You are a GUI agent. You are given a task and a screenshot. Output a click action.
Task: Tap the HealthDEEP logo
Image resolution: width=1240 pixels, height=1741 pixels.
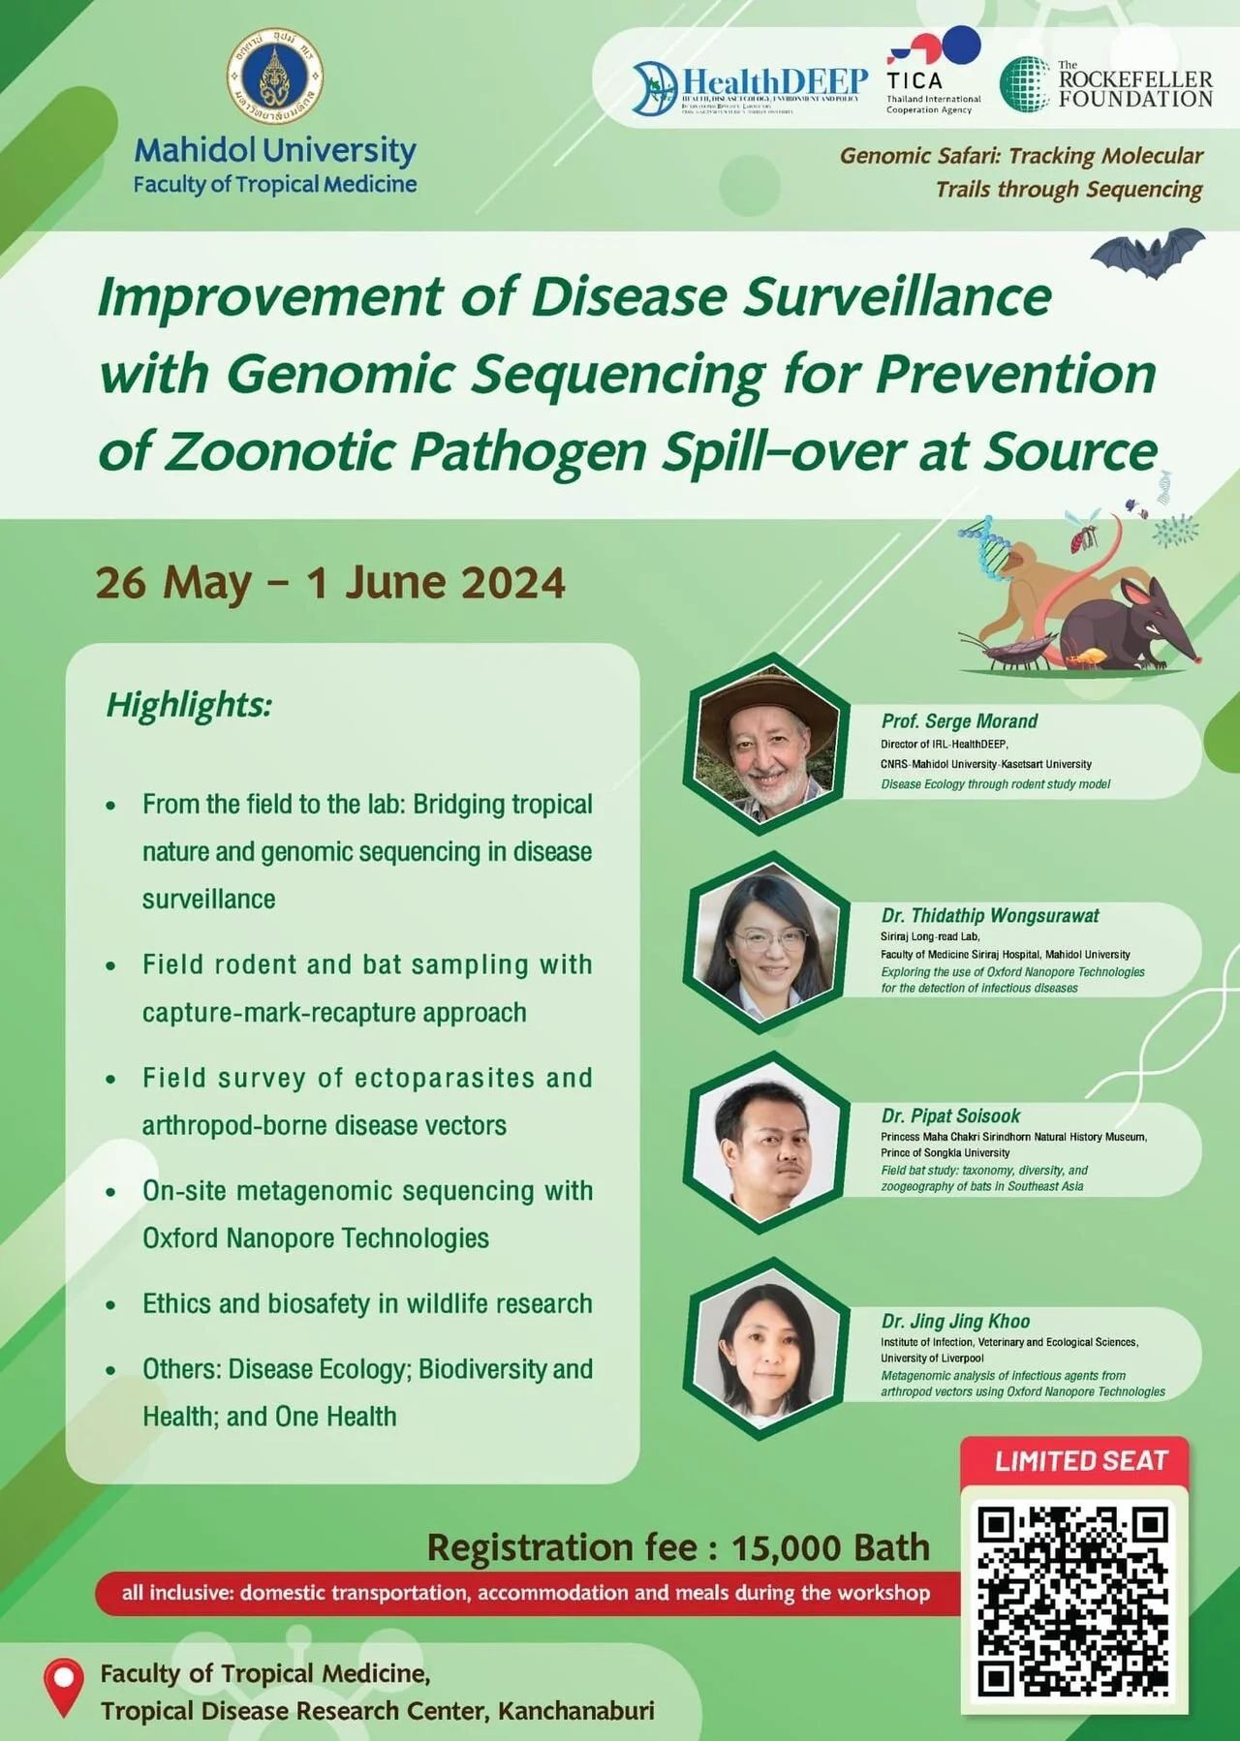pos(750,87)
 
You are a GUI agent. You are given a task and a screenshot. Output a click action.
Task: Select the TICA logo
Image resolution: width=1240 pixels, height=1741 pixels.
pos(933,73)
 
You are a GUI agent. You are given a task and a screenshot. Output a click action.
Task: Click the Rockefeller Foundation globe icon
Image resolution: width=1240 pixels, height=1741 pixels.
pos(1025,84)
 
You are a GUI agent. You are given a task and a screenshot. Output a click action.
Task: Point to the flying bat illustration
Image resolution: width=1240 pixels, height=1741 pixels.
pos(1148,253)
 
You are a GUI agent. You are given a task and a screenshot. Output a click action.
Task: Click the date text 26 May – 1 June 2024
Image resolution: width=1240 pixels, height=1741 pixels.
pos(330,583)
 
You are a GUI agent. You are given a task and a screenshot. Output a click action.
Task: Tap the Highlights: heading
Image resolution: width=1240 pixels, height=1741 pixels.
pos(189,705)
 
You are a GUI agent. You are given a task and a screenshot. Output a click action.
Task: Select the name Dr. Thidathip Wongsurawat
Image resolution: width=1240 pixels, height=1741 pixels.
pos(990,915)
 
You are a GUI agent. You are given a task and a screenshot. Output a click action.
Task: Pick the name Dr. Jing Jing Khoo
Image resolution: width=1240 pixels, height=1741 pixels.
pos(955,1321)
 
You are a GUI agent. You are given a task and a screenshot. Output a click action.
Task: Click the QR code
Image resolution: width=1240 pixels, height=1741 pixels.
pos(1073,1602)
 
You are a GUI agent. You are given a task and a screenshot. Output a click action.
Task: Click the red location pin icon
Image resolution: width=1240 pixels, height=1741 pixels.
pos(64,1687)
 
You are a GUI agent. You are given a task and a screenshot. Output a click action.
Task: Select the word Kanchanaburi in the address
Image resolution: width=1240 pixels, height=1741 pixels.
pos(575,1711)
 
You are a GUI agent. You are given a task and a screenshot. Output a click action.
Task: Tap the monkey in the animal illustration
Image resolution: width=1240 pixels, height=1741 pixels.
pos(1027,581)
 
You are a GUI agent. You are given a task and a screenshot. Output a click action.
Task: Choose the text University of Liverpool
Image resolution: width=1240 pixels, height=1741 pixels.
pos(932,1358)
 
